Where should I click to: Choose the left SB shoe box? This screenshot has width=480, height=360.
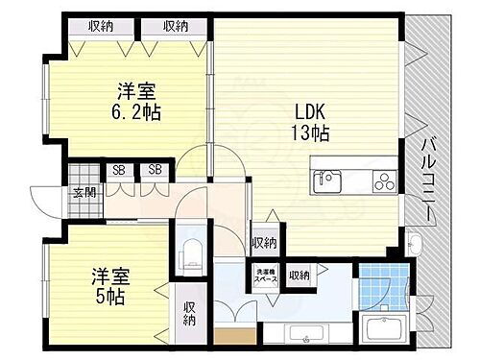click(119, 171)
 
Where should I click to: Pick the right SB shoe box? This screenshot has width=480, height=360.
click(154, 171)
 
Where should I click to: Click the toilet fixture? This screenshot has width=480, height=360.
click(190, 254)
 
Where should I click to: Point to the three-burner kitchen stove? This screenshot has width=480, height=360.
click(379, 180)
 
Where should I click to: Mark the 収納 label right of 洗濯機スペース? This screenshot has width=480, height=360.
click(300, 275)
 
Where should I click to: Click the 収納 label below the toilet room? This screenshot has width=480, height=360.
click(190, 312)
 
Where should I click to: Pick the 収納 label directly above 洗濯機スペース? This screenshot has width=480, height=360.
click(265, 243)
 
